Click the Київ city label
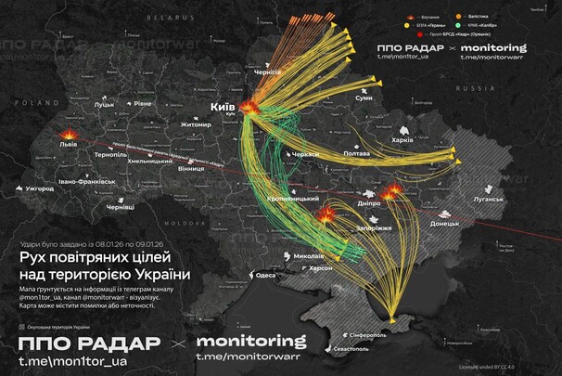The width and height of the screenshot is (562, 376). [x=224, y=108]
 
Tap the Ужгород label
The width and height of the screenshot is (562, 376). [x=41, y=189]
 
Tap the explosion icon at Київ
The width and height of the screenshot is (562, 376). [x=249, y=108]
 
